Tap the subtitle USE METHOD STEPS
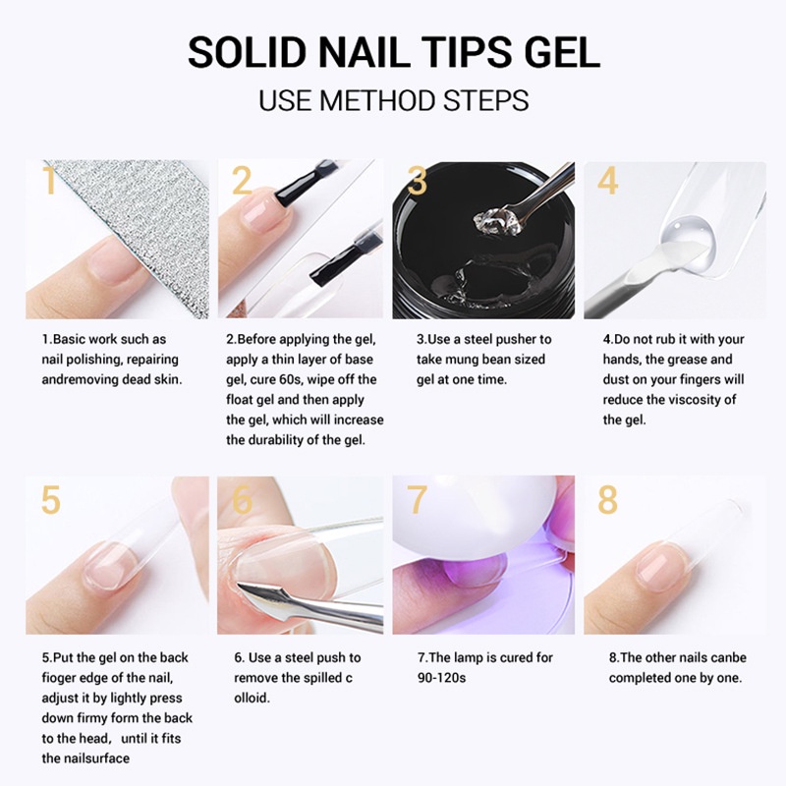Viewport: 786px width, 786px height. [393, 100]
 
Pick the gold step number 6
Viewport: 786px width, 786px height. [242, 499]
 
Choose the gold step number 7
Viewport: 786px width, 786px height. [418, 499]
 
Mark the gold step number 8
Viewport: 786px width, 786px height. [608, 499]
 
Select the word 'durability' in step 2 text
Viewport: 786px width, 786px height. [279, 440]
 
